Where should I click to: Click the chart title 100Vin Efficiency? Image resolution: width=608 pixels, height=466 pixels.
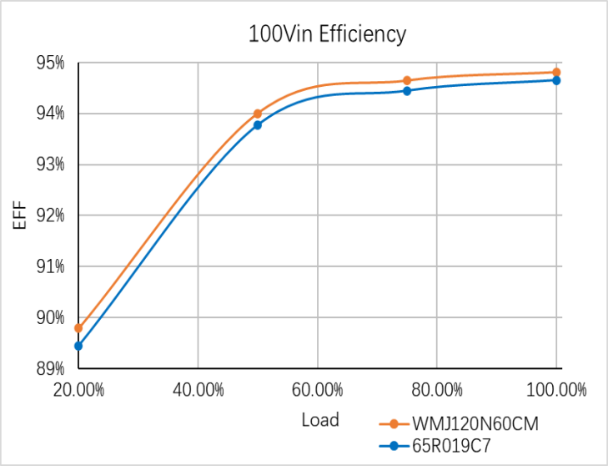tap(327, 34)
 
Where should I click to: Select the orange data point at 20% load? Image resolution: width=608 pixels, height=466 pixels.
tap(78, 328)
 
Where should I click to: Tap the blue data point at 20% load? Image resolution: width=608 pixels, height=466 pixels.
tap(78, 346)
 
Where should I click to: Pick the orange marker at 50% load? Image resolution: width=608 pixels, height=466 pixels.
tap(258, 114)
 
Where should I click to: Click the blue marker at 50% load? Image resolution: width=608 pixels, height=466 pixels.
tap(258, 125)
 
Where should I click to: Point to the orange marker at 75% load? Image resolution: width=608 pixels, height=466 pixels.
tap(407, 80)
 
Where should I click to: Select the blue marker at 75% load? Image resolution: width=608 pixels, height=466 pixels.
tap(407, 91)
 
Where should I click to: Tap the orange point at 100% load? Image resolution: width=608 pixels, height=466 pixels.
tap(556, 73)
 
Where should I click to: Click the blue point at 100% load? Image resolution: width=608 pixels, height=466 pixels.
tap(556, 80)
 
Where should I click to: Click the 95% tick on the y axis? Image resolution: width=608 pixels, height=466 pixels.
tap(49, 63)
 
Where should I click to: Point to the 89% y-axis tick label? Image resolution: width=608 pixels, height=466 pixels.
tap(49, 368)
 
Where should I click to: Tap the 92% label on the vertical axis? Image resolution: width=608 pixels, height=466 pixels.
tap(49, 215)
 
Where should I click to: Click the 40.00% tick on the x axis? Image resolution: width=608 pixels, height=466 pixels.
tap(198, 389)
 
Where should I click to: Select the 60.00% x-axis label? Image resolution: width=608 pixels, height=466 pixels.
tap(318, 389)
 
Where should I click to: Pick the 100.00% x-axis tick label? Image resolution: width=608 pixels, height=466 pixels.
tap(556, 389)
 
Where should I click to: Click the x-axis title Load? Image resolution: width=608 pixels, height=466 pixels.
tap(320, 419)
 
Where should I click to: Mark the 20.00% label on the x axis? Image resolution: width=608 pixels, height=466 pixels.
tap(78, 389)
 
